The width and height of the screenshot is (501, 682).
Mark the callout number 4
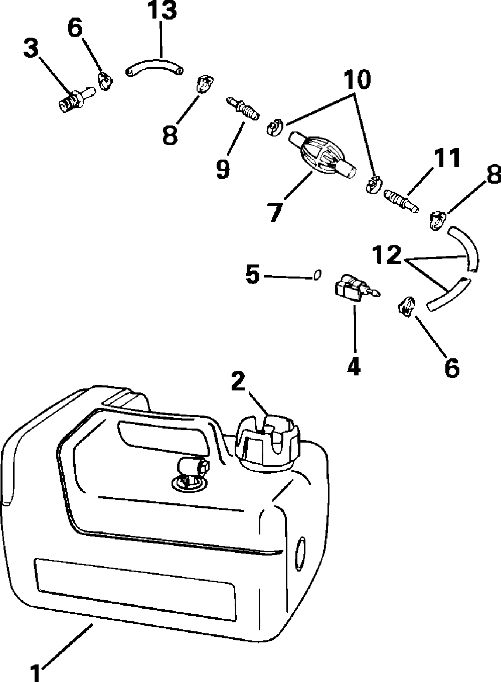(x=354, y=368)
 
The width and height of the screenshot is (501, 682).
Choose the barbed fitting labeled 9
(x=242, y=107)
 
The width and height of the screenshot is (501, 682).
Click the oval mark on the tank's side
(x=299, y=552)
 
